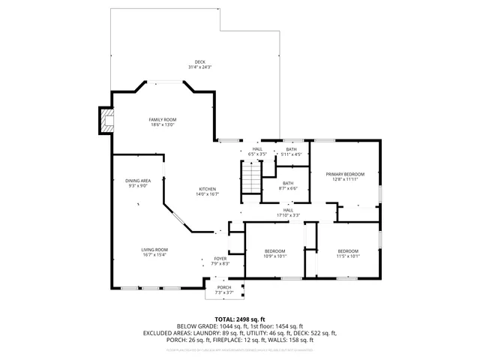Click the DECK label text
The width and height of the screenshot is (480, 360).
click(x=199, y=62)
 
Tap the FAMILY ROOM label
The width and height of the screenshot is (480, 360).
click(x=161, y=120)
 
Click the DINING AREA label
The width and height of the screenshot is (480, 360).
click(x=137, y=181)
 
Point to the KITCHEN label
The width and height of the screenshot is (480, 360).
click(x=207, y=188)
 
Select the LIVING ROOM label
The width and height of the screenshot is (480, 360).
click(x=154, y=249)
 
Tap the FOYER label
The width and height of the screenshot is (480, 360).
click(x=220, y=258)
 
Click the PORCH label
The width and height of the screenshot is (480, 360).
click(x=223, y=286)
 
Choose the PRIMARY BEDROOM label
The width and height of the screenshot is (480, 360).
click(x=345, y=174)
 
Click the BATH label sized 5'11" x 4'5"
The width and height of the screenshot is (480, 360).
click(x=291, y=150)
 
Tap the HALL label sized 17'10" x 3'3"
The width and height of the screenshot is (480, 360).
click(x=288, y=210)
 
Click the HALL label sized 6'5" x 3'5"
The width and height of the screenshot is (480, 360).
click(x=257, y=149)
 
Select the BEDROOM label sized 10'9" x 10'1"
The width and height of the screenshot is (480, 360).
click(x=275, y=250)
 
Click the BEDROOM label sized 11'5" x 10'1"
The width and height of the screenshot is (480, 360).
click(x=348, y=250)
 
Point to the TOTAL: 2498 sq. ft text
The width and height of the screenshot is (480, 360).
click(x=240, y=319)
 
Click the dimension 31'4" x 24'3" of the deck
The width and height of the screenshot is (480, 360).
click(x=199, y=67)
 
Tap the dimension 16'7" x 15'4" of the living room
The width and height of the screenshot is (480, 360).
click(x=154, y=254)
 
